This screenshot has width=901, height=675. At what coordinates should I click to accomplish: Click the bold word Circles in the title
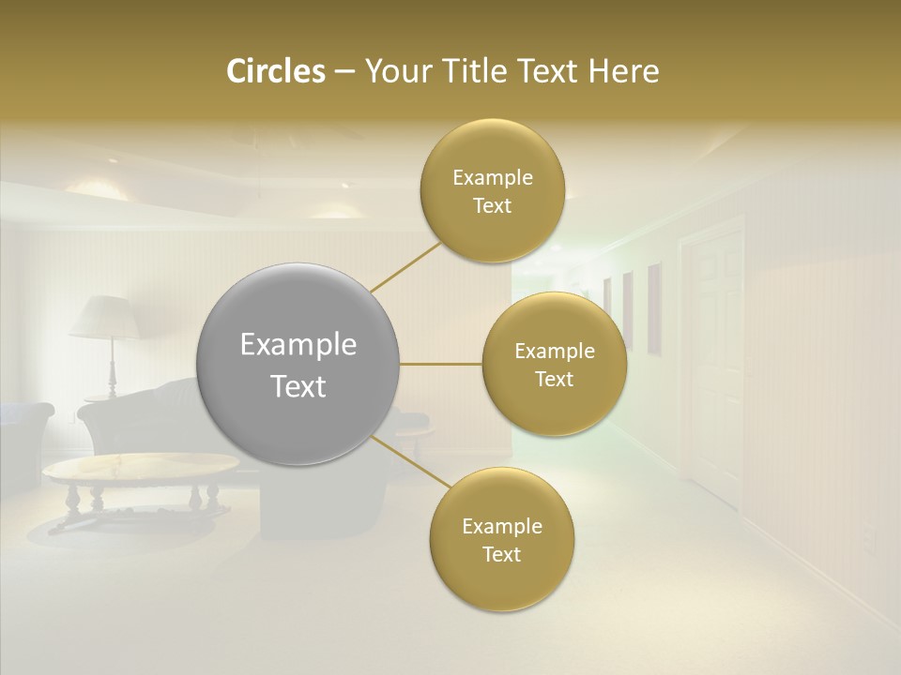275,71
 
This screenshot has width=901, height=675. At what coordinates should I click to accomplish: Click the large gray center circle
298,364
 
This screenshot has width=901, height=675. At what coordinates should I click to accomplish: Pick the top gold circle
493,191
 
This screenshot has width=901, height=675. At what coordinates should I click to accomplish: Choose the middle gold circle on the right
554,365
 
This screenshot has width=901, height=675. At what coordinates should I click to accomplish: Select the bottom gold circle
501,540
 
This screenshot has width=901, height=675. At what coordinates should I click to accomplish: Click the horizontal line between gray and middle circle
441,364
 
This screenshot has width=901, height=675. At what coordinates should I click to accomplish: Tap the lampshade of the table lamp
105,317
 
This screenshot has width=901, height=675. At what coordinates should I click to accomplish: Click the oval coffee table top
141,467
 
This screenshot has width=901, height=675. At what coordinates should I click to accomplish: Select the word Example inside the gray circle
298,345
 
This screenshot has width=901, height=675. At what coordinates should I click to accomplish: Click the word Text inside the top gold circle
493,206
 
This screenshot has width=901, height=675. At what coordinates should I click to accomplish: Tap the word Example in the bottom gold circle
502,527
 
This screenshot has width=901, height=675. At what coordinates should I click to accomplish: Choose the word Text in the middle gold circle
554,380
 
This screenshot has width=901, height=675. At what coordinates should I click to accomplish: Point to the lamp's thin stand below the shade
113,366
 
